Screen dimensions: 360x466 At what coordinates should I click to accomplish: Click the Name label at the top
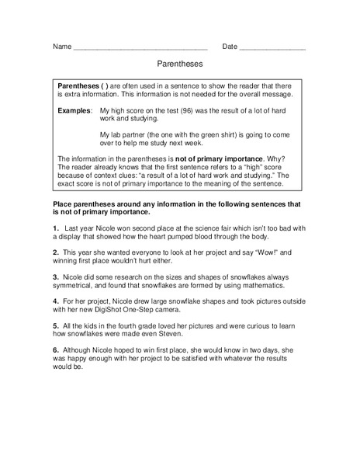[x=61, y=47]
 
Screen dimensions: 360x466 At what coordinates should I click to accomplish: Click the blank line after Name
[x=140, y=48]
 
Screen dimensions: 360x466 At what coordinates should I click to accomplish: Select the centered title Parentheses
[x=179, y=67]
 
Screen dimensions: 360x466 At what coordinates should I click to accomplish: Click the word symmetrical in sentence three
[x=80, y=289]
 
